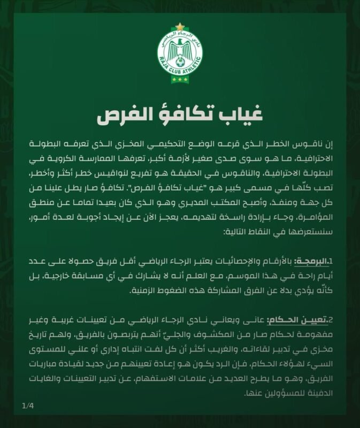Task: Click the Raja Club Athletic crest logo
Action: (180, 54)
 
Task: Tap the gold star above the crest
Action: (180, 26)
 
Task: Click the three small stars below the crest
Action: (180, 80)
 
